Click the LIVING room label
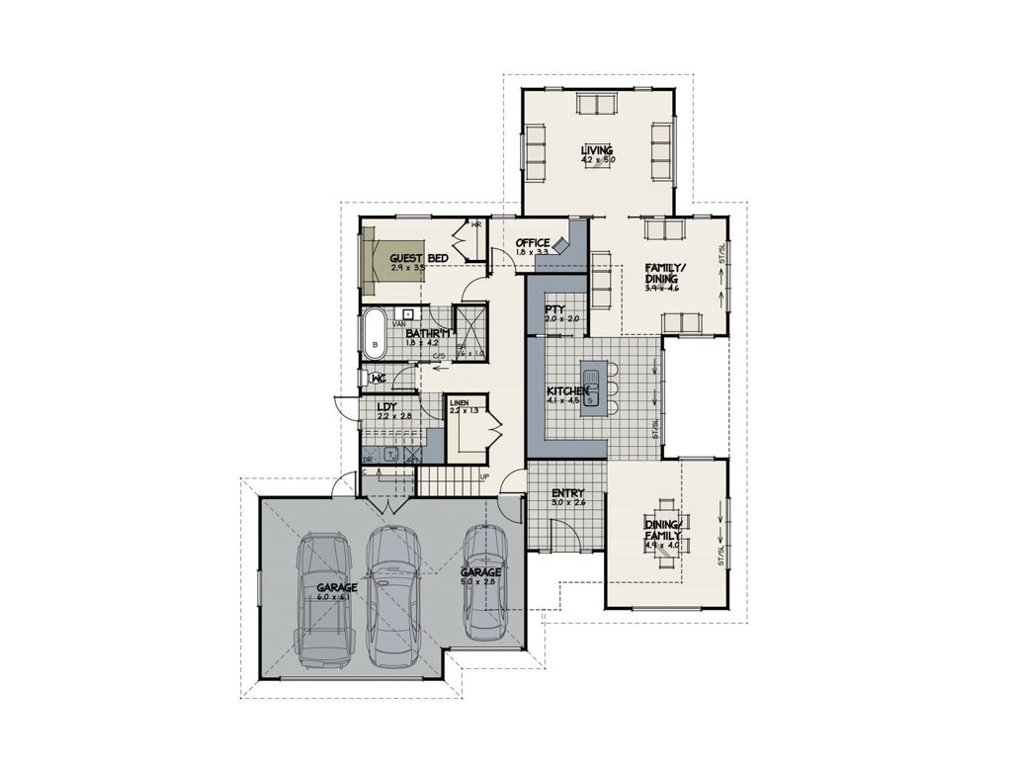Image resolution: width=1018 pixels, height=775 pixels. click(x=597, y=150)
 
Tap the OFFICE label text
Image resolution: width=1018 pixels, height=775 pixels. click(x=532, y=243)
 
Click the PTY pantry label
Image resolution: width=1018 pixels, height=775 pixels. click(x=554, y=309)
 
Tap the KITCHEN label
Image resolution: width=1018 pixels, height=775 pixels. click(x=568, y=391)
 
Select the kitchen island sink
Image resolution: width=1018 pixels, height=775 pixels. click(x=590, y=381)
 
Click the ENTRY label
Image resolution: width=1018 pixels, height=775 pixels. click(x=567, y=493)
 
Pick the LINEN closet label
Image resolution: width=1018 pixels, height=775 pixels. click(x=460, y=403)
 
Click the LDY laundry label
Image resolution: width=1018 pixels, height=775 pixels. click(x=386, y=406)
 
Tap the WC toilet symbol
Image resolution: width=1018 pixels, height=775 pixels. click(x=377, y=379)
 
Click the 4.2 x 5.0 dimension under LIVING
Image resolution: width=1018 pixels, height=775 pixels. click(x=597, y=160)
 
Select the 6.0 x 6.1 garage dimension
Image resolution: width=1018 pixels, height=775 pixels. click(x=336, y=597)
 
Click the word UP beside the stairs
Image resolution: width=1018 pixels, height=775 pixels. click(x=484, y=477)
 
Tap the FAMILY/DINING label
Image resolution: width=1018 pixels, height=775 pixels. click(x=661, y=273)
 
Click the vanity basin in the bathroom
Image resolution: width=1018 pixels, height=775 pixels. click(x=407, y=314)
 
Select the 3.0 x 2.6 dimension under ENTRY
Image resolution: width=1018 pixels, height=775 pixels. click(x=567, y=503)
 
